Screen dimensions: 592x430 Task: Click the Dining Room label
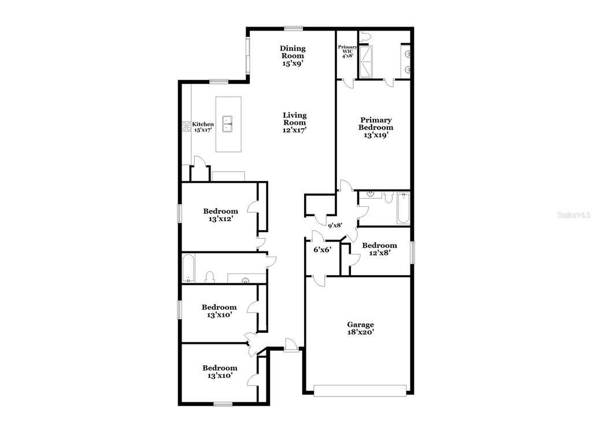click(293, 56)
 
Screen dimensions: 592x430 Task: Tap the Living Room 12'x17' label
click(295, 123)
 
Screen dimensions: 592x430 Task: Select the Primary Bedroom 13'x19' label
click(376, 128)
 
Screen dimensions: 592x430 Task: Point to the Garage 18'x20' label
click(361, 328)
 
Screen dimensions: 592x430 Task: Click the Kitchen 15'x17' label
click(203, 127)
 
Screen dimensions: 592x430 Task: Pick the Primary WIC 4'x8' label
click(347, 51)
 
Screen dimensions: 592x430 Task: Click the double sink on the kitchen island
click(227, 124)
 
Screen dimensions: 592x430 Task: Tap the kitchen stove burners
click(187, 126)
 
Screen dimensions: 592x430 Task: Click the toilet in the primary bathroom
click(365, 36)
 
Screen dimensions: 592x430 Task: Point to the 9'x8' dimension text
click(335, 225)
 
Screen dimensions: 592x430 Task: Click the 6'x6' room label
click(323, 250)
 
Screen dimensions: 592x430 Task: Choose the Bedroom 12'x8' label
click(379, 249)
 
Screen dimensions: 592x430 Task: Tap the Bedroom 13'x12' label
click(220, 215)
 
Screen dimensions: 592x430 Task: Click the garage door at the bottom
click(360, 391)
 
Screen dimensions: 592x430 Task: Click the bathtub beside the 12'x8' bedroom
click(403, 209)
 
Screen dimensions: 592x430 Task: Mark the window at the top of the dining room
click(293, 28)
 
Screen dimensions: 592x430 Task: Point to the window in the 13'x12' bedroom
click(180, 213)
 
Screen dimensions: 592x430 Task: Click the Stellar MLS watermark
click(574, 215)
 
